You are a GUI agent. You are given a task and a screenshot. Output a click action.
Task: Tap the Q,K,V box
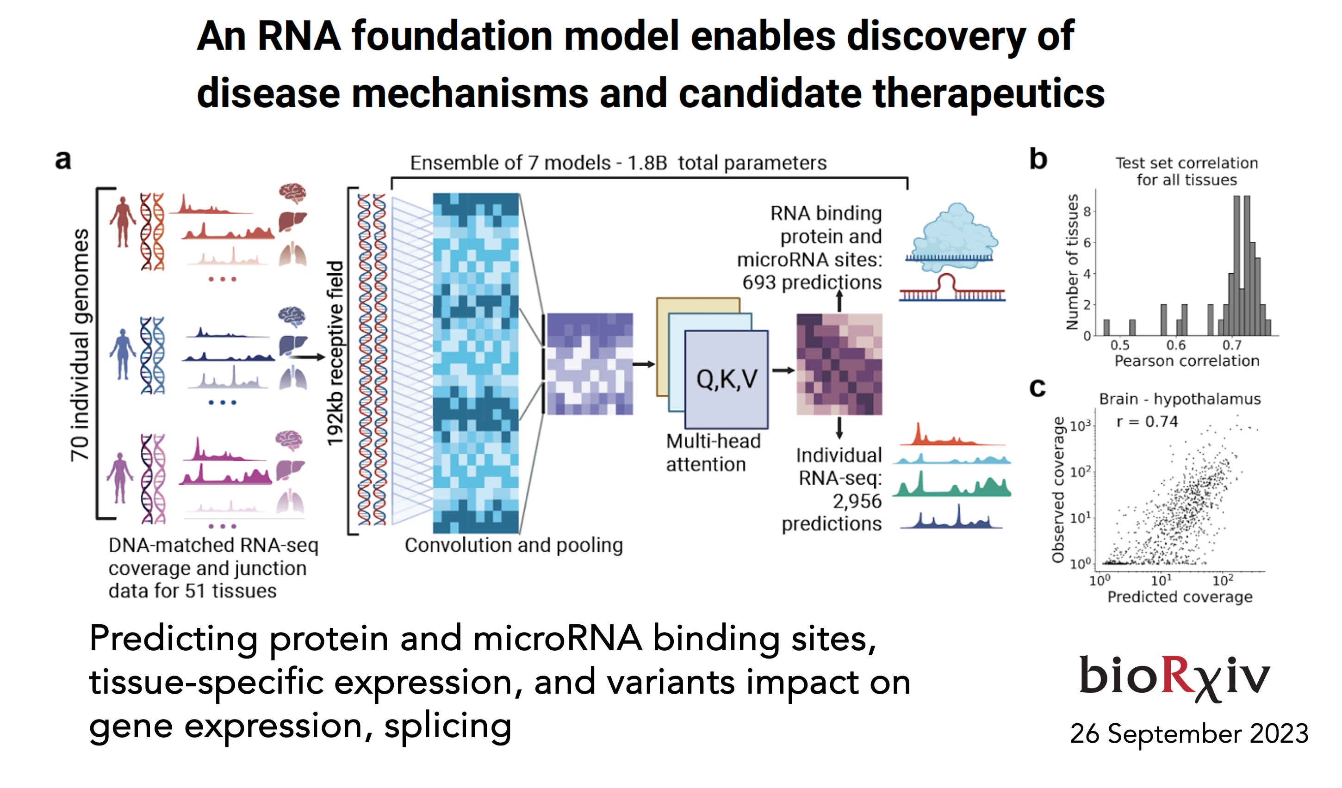[727, 379]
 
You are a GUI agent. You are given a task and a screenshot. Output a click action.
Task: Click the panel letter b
[1038, 159]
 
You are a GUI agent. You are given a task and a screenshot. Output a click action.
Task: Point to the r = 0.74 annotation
[1147, 421]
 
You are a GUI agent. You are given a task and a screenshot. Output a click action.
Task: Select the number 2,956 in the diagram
[857, 501]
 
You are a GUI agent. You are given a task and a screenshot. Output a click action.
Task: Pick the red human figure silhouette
[123, 221]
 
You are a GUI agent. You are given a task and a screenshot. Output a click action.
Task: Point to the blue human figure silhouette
[123, 354]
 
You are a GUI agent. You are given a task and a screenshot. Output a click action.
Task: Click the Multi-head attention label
[713, 453]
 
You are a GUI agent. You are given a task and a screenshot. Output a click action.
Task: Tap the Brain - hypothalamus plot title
[1180, 399]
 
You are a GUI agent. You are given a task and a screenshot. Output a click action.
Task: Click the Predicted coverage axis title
[1180, 597]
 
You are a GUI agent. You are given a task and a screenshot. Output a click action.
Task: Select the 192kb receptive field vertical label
[335, 353]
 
